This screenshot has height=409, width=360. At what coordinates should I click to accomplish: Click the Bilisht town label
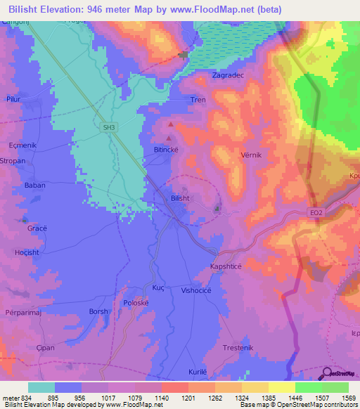[x=180, y=198]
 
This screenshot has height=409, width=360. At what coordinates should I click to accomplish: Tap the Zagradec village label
[x=229, y=74]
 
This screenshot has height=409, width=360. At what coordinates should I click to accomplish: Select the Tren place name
[x=198, y=100]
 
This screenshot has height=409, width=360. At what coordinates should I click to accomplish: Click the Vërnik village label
[x=236, y=155]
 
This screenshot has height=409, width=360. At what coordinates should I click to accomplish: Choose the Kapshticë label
[x=228, y=267]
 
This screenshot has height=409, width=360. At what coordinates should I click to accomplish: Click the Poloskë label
[x=136, y=302]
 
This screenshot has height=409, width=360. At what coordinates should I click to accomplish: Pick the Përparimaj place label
[x=20, y=310]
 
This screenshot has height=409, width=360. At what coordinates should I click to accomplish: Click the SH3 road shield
[x=108, y=127]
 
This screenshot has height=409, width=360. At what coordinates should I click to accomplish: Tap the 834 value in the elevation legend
[x=27, y=398]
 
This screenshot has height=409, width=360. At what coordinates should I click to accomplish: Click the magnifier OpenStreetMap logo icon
[x=327, y=374]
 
